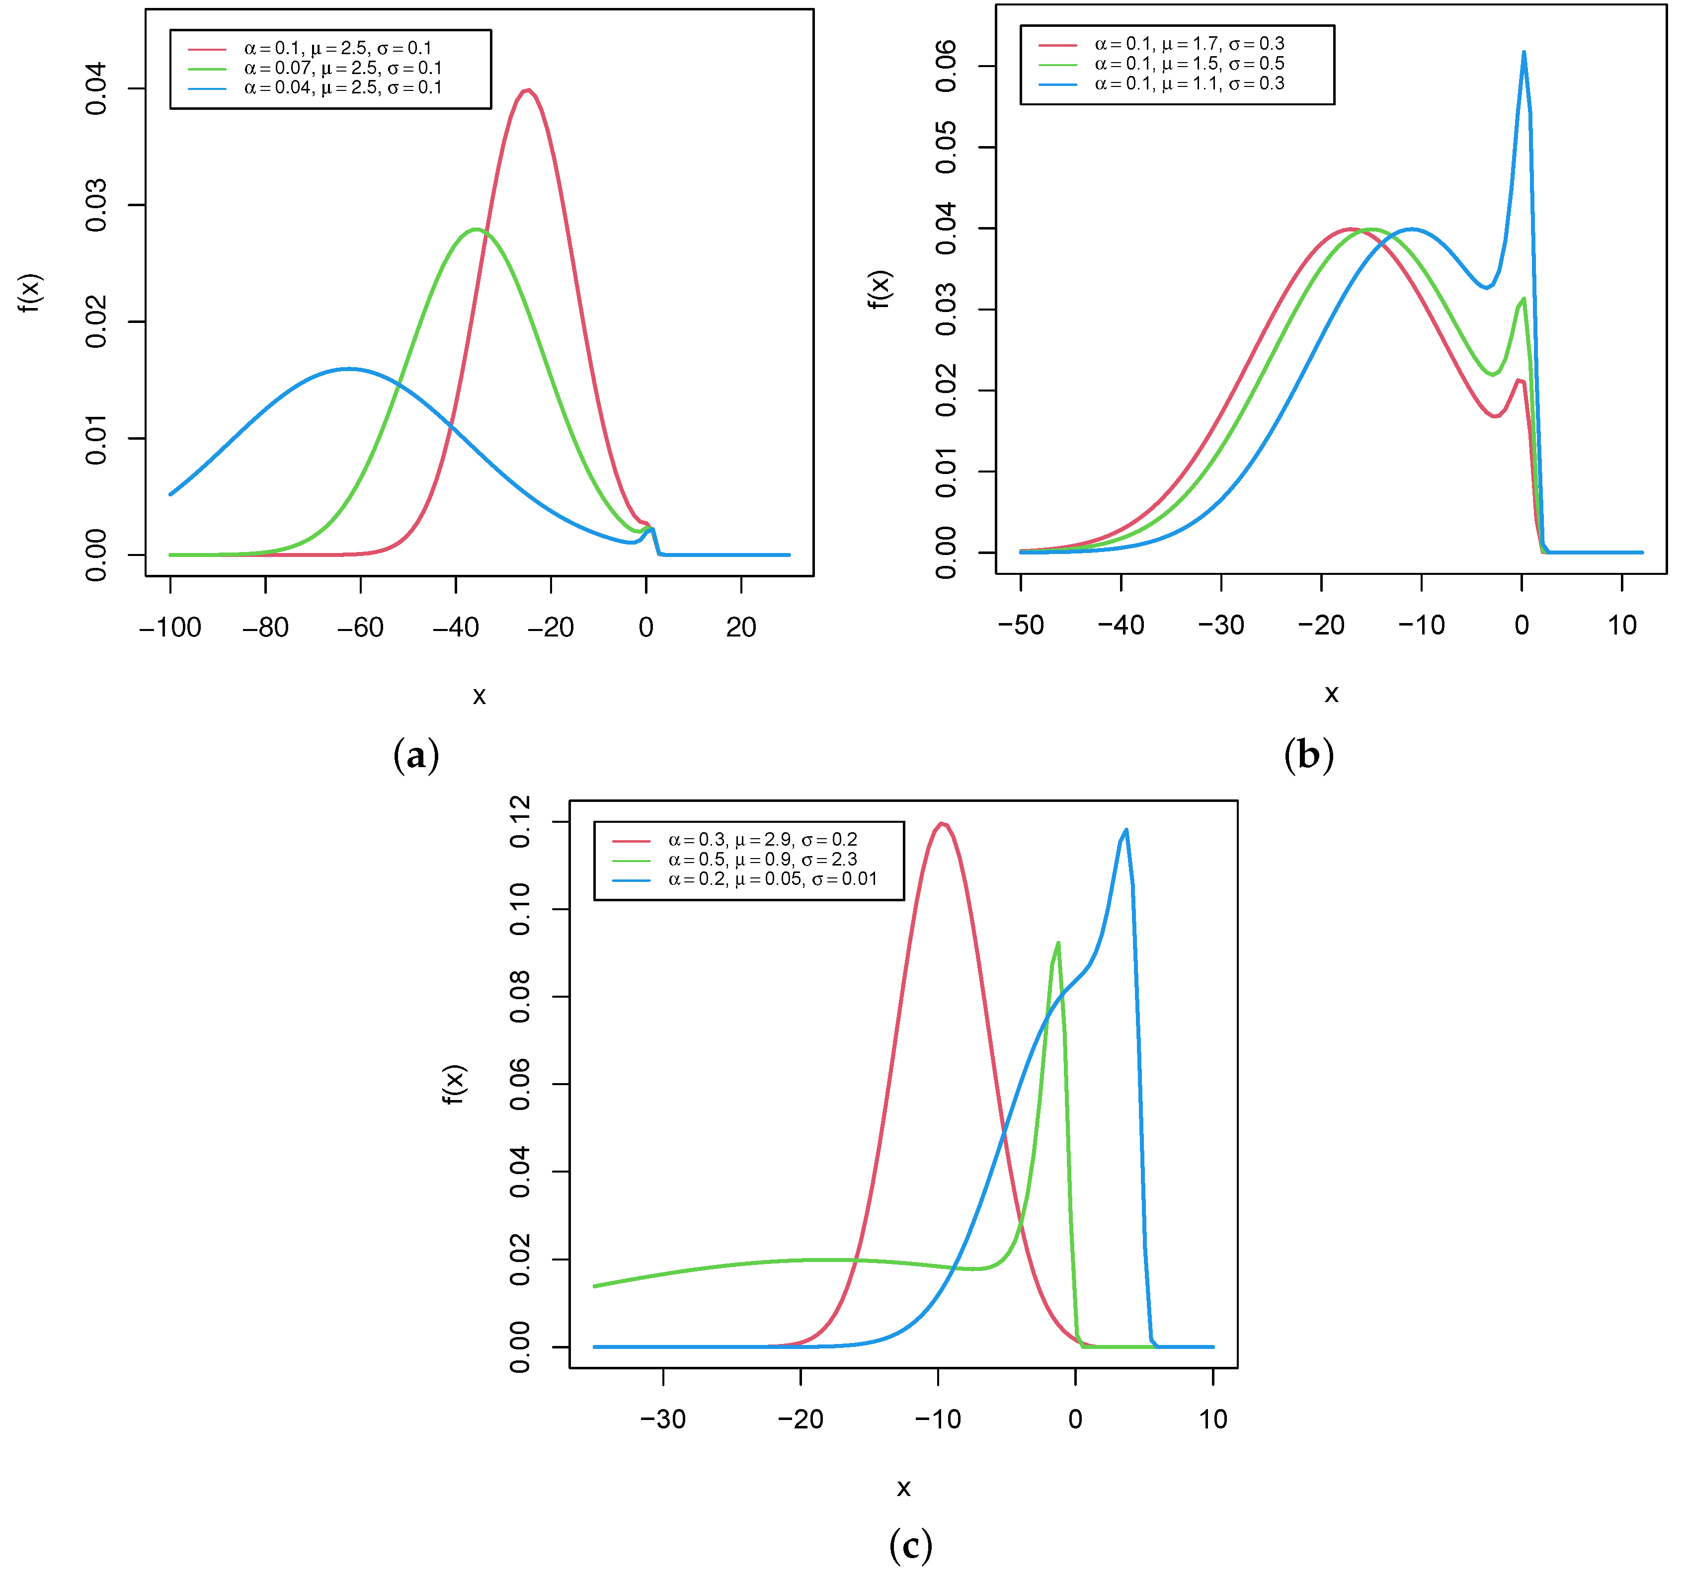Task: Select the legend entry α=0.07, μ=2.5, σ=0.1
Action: [x=343, y=68]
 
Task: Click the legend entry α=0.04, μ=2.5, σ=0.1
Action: [x=343, y=88]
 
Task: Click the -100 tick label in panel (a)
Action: [x=170, y=627]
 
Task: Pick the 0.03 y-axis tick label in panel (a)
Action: [x=96, y=205]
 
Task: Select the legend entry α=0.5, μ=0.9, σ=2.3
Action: [x=762, y=859]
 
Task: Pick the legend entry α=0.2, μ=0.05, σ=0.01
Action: [x=772, y=878]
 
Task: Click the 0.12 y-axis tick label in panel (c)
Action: [x=520, y=821]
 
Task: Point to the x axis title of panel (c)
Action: [x=903, y=1487]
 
